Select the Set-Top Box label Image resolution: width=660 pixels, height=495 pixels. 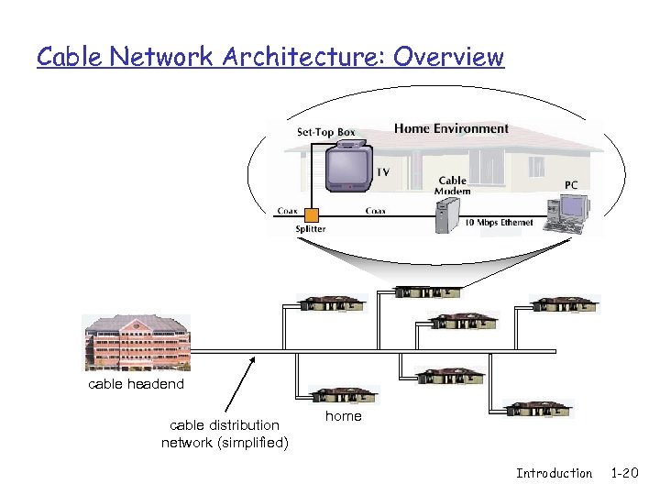[325, 132]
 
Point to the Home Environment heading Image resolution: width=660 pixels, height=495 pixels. [451, 128]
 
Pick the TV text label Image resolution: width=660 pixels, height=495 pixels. [383, 172]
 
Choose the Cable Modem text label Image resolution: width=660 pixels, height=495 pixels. [453, 186]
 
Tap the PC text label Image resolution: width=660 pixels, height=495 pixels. [571, 184]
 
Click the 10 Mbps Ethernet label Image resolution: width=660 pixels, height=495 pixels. [500, 223]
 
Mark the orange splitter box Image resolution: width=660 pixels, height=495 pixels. [311, 215]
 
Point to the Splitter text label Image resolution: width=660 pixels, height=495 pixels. [310, 229]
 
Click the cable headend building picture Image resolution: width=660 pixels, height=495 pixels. [137, 343]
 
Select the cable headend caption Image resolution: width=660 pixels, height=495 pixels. [136, 384]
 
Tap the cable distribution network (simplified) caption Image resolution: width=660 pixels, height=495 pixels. [225, 434]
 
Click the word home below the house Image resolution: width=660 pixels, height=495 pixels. [344, 416]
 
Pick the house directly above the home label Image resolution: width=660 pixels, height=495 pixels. [344, 395]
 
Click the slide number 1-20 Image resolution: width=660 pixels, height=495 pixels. [624, 473]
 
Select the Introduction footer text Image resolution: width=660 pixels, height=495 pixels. [554, 473]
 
